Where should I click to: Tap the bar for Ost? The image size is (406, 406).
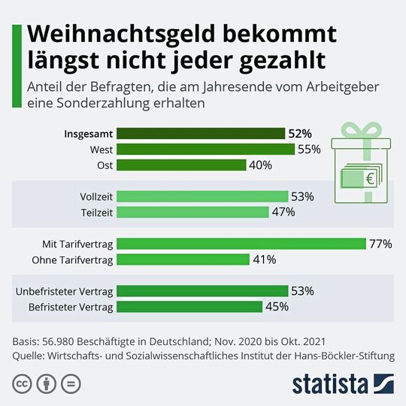[x=182, y=165]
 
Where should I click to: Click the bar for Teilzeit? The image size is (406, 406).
[x=193, y=212]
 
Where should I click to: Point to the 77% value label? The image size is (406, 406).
[x=381, y=244]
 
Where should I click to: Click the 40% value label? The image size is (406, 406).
[x=260, y=165]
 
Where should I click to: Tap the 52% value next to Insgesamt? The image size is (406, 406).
[x=299, y=134]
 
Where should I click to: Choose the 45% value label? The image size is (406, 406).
[x=277, y=307]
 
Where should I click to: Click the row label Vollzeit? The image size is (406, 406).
[x=96, y=196]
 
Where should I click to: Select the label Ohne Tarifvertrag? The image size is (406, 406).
[x=72, y=260]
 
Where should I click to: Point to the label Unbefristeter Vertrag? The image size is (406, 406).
[x=64, y=291]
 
